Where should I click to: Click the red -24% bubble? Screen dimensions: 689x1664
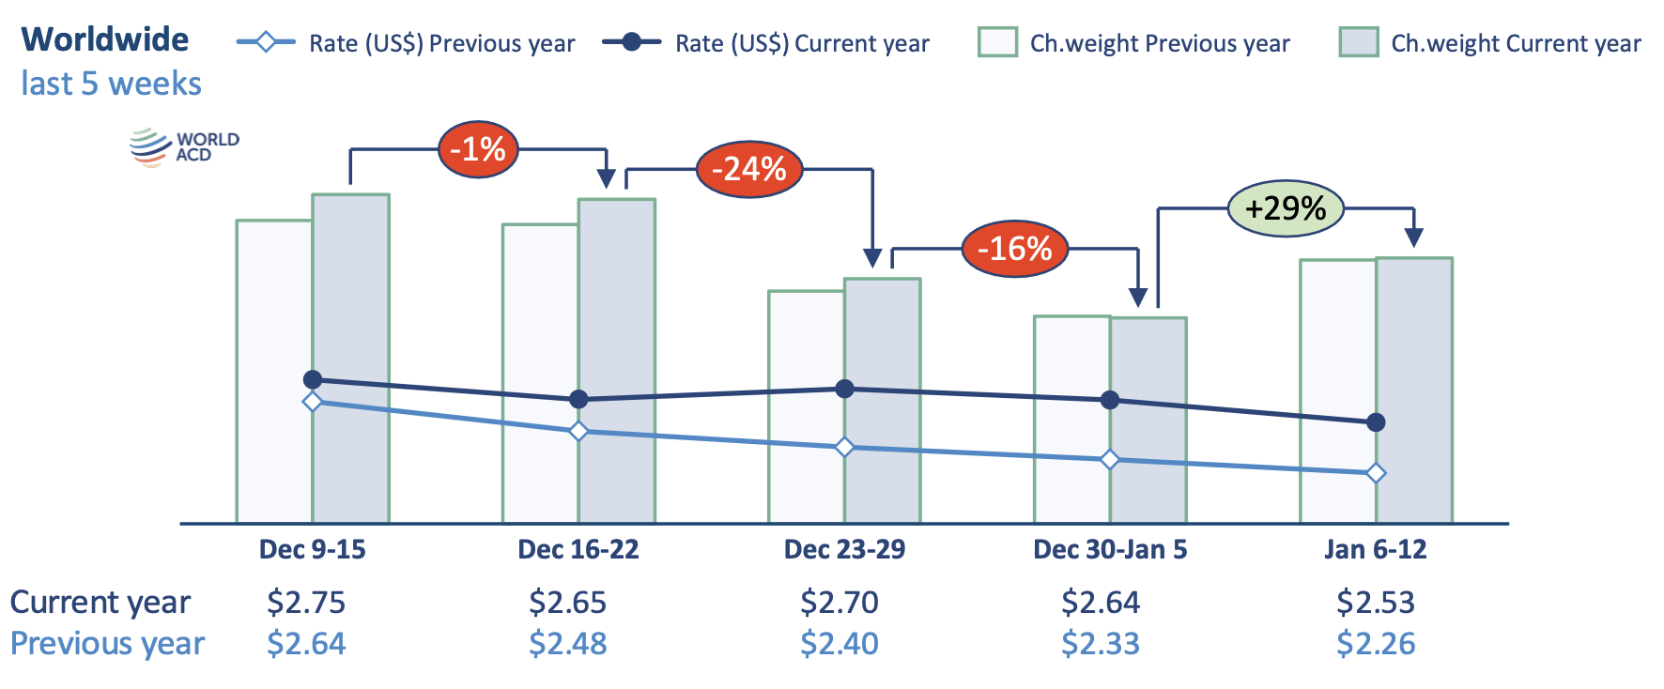point(748,169)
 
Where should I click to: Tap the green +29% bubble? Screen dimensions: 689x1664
point(1285,207)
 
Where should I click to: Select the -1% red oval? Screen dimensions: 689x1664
point(478,149)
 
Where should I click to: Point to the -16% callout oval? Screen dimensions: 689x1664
point(1014,249)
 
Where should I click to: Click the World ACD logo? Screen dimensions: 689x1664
point(184,147)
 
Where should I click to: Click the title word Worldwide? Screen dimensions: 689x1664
point(105,39)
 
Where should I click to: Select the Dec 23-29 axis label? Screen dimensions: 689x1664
point(844,549)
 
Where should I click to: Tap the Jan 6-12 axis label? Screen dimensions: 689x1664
point(1375,549)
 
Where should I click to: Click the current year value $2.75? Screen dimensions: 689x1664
point(306,602)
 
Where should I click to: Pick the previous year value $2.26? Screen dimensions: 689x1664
point(1375,644)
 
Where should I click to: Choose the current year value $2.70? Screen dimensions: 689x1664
point(839,602)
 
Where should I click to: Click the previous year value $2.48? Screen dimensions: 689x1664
point(567,644)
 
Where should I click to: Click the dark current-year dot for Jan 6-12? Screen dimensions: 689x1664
point(1376,422)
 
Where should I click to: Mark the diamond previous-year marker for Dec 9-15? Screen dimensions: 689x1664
point(313,402)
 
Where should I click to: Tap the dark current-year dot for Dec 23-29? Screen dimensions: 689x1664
point(844,389)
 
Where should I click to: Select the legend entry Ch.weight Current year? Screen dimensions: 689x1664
point(1491,43)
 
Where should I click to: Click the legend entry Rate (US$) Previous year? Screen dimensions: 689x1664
point(406,43)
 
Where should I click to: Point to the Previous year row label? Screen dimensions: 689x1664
point(107,644)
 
